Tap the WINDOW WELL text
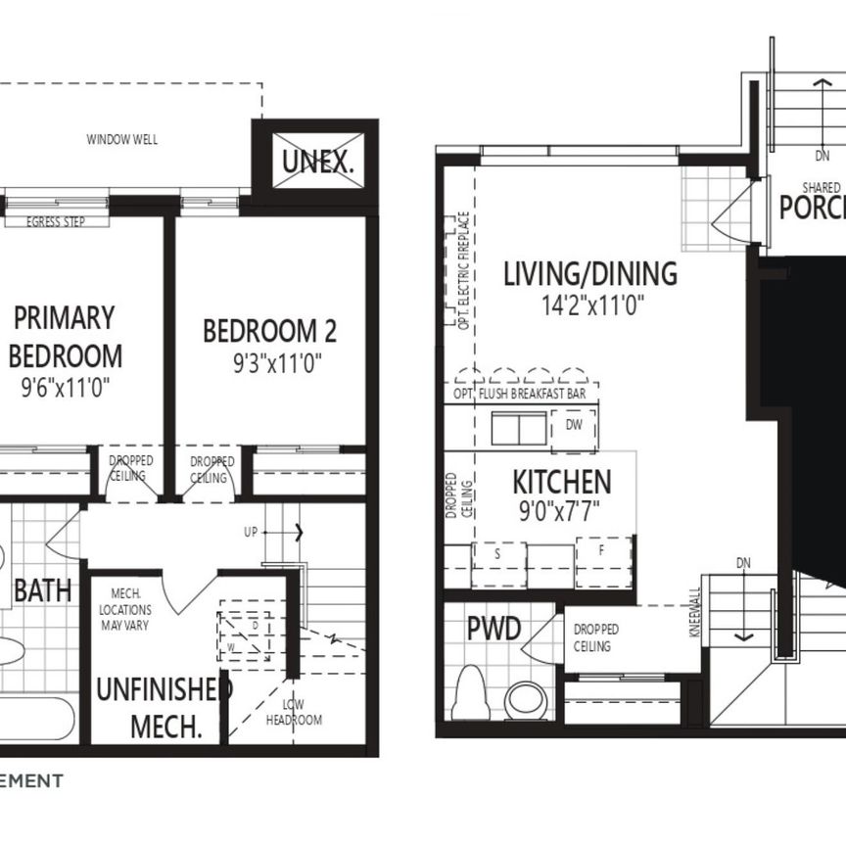122,140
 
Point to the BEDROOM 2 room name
269,331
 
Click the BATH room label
42,590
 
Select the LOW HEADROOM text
293,713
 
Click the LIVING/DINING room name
589,273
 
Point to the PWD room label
493,630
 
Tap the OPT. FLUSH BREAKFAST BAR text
526,394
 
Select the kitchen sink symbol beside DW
519,429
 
